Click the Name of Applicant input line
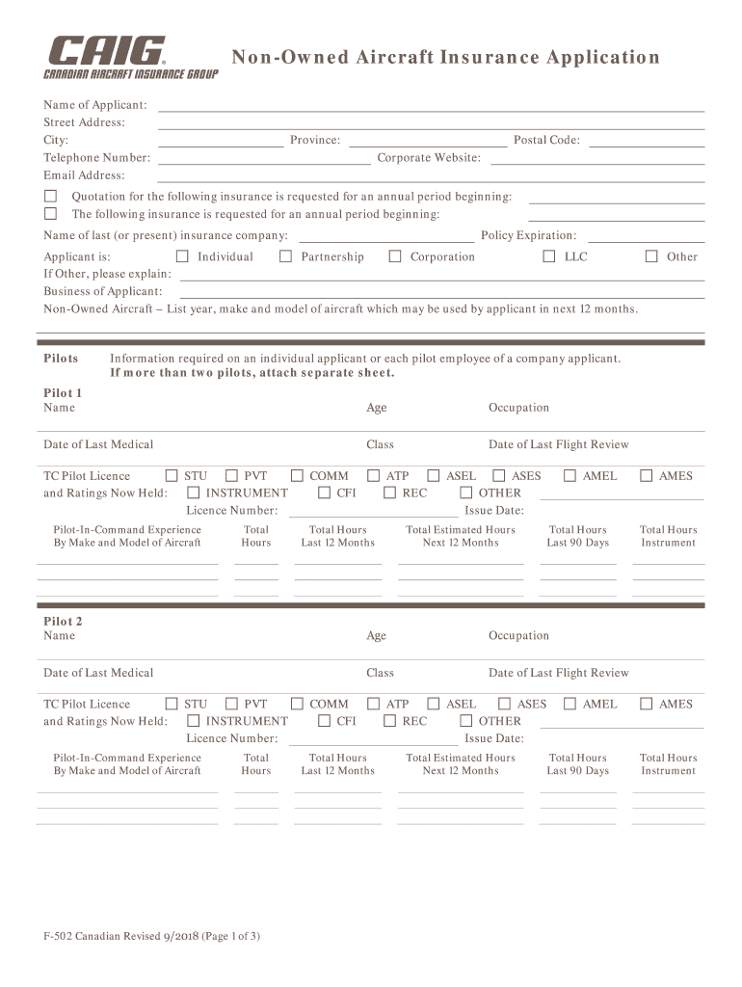point(431,106)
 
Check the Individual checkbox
point(182,256)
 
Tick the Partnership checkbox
point(285,256)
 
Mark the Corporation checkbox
point(395,256)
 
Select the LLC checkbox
point(549,256)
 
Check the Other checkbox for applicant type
point(651,256)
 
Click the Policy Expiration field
point(646,237)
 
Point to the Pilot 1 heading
point(64,393)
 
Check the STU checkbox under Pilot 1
point(172,476)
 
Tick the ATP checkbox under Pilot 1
point(373,476)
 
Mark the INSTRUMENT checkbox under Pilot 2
point(194,721)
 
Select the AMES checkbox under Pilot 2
point(646,705)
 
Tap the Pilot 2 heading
point(64,622)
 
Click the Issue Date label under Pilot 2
point(494,739)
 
